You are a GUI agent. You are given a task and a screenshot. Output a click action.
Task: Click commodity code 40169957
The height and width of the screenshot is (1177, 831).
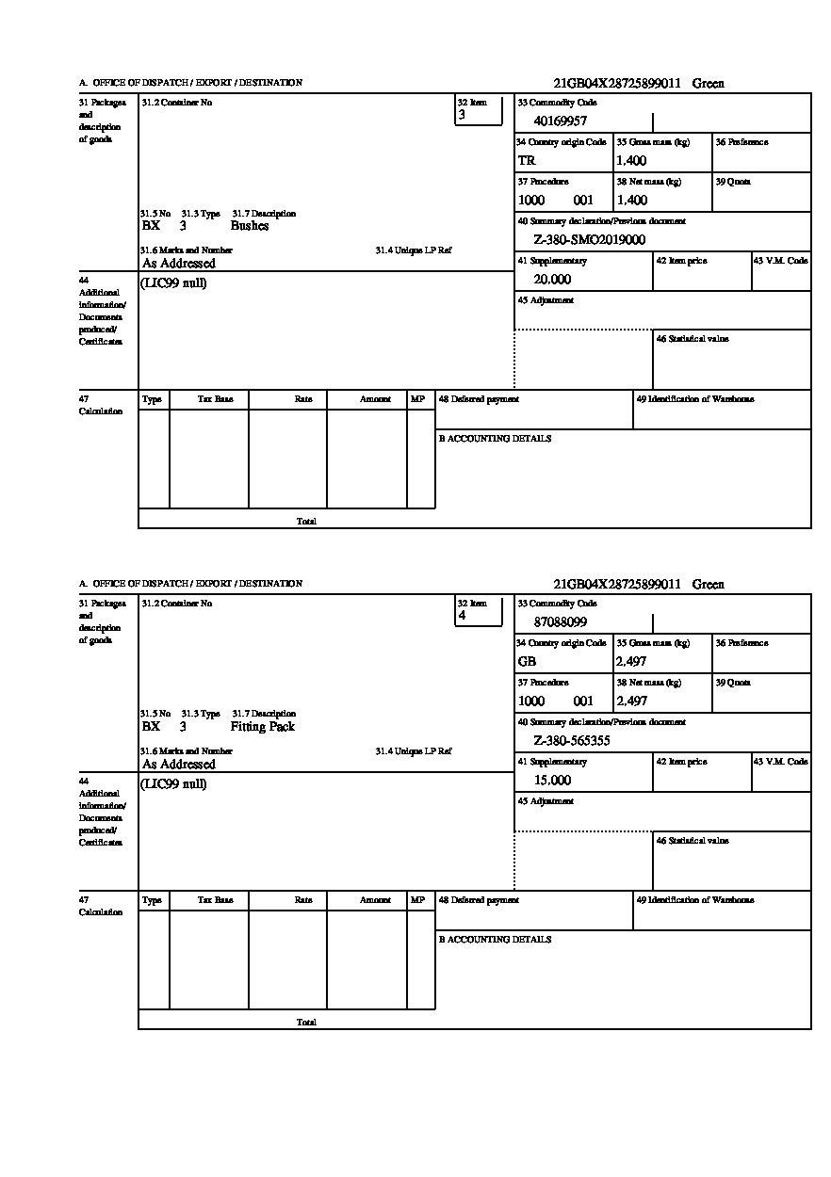(x=560, y=121)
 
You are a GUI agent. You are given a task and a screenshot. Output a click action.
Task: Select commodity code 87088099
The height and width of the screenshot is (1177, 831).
(x=560, y=622)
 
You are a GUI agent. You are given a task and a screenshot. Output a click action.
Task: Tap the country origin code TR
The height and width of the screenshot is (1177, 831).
(x=527, y=161)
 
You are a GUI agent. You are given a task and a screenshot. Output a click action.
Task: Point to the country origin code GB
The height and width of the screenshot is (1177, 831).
(x=527, y=662)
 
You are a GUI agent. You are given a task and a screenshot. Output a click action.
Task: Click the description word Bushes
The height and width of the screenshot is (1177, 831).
(x=250, y=226)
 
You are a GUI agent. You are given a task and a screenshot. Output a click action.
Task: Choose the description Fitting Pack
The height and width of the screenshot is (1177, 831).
(x=262, y=727)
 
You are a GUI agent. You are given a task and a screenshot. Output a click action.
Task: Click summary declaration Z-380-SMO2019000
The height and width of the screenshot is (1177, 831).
(x=589, y=240)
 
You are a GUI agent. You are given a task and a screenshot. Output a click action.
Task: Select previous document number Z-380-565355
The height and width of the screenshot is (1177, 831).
(x=571, y=741)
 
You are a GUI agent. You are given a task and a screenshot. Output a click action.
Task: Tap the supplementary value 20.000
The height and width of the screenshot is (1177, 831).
(x=552, y=280)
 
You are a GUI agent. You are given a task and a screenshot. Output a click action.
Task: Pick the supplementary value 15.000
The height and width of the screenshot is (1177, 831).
(x=552, y=781)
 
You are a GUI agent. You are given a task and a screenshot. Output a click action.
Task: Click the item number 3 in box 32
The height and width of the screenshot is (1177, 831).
(x=462, y=115)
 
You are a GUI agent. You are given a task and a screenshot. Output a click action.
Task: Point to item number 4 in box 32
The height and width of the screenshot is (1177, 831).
(x=462, y=616)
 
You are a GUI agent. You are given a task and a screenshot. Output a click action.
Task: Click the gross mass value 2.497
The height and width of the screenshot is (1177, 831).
(x=631, y=662)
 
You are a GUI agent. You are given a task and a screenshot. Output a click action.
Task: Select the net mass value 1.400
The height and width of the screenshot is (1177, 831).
(x=631, y=201)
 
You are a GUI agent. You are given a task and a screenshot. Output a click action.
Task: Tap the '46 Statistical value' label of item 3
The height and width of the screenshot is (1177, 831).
(x=692, y=339)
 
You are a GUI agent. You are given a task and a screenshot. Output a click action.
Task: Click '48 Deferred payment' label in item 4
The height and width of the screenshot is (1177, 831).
(x=479, y=900)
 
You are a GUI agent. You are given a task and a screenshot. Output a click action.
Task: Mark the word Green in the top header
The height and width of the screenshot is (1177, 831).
(x=709, y=84)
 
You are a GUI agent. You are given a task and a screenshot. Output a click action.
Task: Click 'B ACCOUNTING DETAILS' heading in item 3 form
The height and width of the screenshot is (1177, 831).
(x=495, y=439)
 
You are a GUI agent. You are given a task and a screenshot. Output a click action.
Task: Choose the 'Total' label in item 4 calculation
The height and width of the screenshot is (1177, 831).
(x=306, y=1023)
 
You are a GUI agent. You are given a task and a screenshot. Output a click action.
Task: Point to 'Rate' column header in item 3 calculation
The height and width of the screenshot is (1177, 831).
(x=303, y=399)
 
